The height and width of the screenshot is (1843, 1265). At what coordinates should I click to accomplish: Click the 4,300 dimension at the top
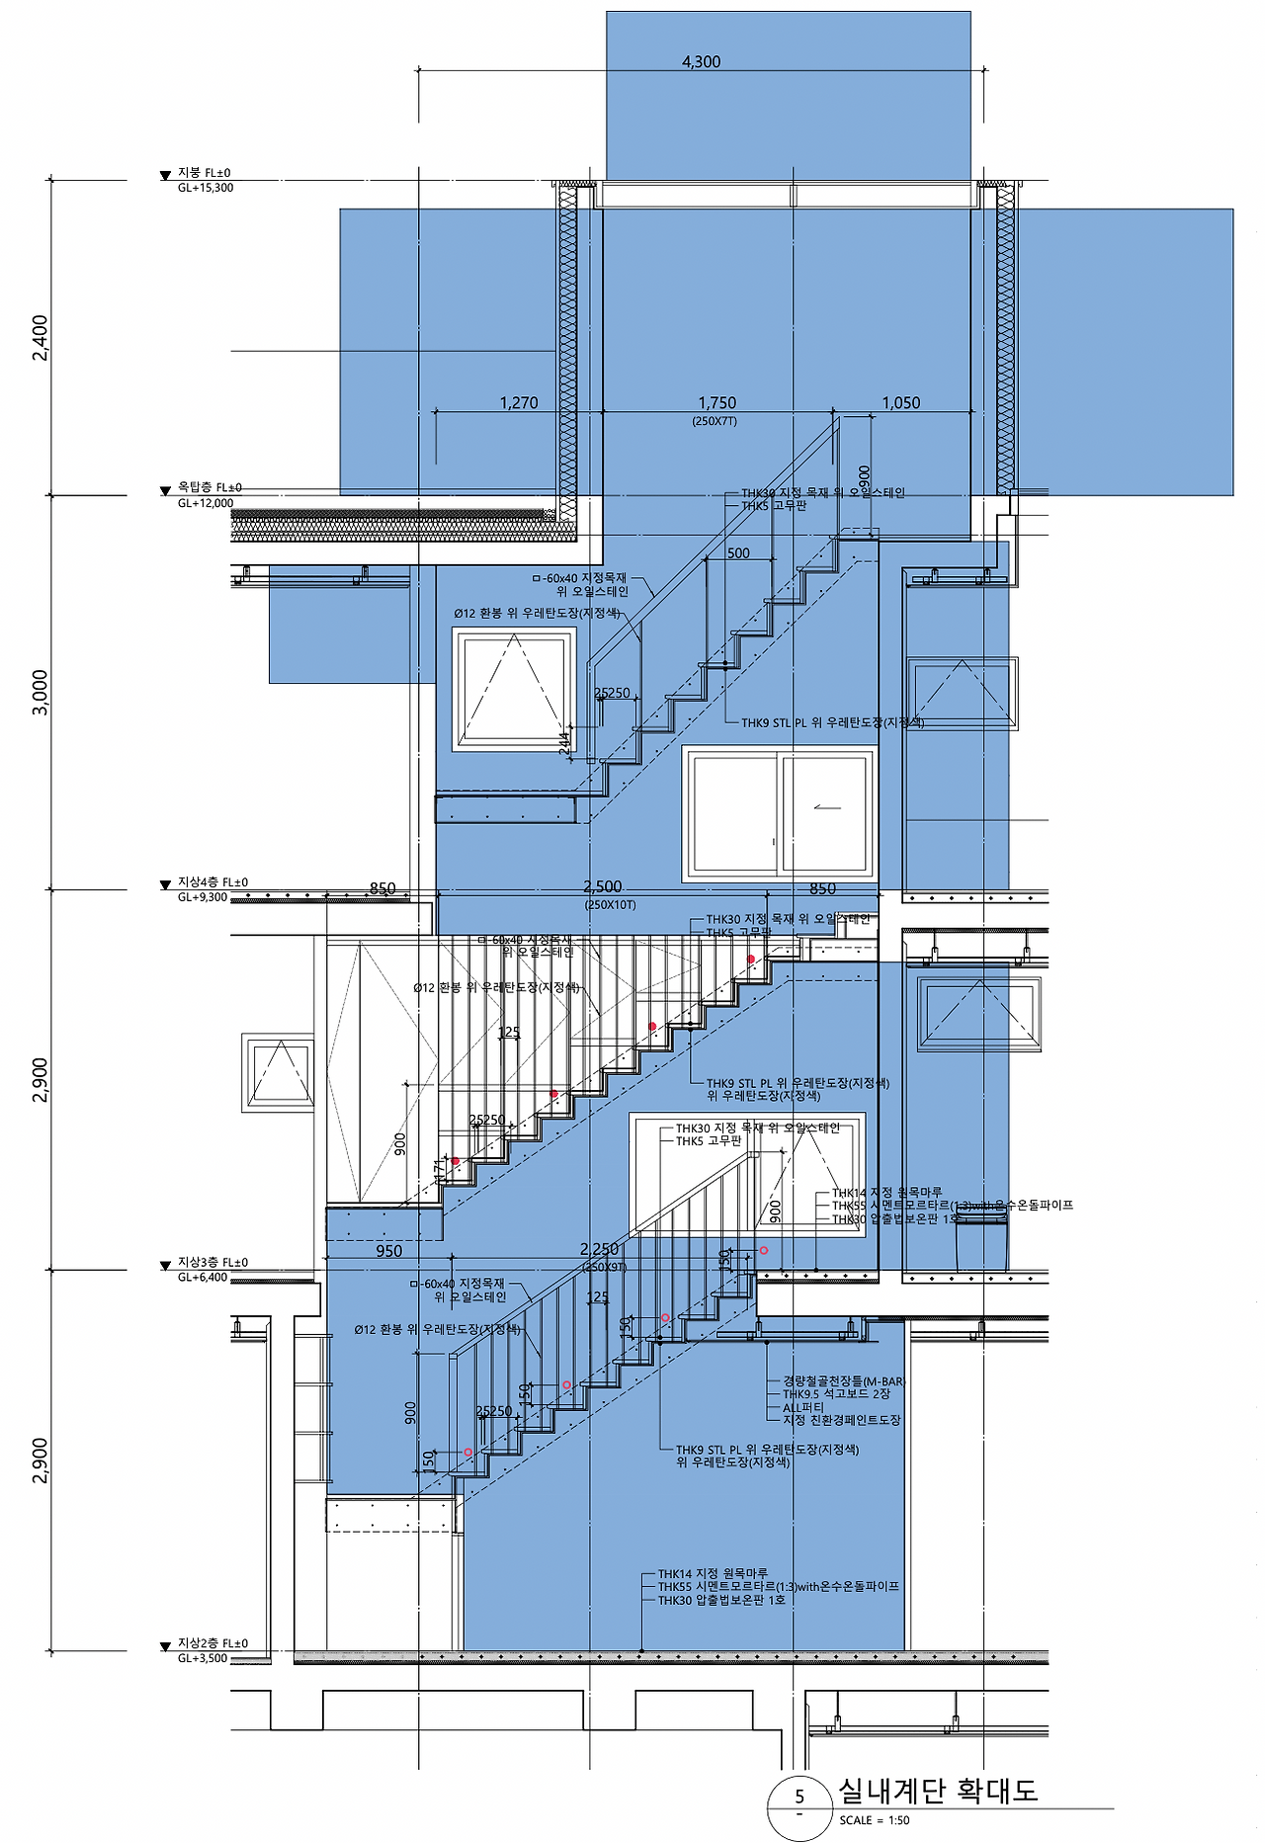point(701,61)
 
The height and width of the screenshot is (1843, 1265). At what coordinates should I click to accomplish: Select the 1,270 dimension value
point(519,402)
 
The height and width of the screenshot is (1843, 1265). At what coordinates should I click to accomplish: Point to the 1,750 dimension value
point(717,402)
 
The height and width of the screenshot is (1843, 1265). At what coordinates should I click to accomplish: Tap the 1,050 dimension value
point(900,402)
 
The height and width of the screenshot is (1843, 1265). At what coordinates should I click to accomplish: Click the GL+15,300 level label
point(206,188)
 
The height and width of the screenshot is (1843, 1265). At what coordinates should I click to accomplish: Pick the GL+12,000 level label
point(206,503)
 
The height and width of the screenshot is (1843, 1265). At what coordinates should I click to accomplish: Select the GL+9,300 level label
point(203,897)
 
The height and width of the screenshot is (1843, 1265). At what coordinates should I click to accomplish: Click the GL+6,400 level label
point(203,1277)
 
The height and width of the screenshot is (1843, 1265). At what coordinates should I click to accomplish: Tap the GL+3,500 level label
point(203,1658)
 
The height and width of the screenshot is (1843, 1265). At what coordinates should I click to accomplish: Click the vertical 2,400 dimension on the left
point(41,338)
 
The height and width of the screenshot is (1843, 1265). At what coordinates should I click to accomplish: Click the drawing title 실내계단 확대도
point(938,1790)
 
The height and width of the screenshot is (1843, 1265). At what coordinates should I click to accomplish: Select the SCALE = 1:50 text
point(875,1819)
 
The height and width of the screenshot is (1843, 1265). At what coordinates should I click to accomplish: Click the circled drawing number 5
point(800,1798)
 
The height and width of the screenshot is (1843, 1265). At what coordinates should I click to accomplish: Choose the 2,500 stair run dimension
point(603,886)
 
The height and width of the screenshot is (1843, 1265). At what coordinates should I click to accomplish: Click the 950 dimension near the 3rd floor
point(389,1251)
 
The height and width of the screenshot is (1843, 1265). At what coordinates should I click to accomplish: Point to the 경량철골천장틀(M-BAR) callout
point(844,1381)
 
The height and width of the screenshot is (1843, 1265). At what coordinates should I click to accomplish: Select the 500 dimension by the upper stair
point(738,553)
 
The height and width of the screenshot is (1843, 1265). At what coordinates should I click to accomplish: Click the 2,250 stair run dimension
point(599,1250)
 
